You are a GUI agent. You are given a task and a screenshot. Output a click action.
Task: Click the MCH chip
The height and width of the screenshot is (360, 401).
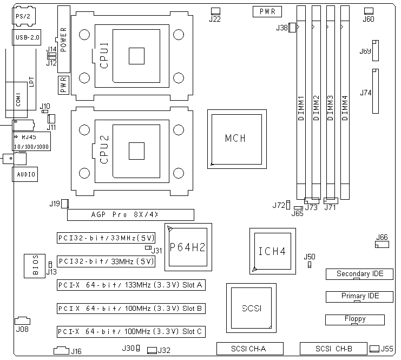tap(237, 139)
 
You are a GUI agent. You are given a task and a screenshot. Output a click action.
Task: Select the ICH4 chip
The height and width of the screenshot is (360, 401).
tap(273, 251)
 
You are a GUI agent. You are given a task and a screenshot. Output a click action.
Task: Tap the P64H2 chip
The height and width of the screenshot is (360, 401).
tap(188, 247)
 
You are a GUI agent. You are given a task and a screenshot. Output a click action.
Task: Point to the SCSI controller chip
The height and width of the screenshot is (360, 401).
tap(251, 308)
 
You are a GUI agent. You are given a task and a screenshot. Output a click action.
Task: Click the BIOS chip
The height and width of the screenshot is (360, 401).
tap(35, 266)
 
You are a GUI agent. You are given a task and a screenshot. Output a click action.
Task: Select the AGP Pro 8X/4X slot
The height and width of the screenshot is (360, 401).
tap(130, 215)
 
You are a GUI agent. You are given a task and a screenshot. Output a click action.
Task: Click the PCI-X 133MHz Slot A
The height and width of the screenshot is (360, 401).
tap(131, 285)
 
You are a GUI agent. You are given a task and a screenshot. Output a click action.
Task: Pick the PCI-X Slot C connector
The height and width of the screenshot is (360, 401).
tap(131, 332)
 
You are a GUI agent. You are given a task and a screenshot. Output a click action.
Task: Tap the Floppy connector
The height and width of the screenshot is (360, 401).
tap(355, 320)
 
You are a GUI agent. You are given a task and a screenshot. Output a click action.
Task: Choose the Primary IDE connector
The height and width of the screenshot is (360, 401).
tap(359, 297)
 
